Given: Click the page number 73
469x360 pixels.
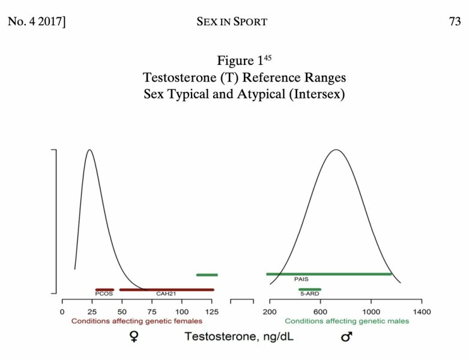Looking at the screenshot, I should pos(454,22).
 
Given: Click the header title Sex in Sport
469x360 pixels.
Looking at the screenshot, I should pos(231,22).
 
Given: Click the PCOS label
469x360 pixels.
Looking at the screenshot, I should pos(104,294).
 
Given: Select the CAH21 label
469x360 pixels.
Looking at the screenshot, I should pos(165,294).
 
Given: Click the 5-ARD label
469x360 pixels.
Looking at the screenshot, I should pos(309,294).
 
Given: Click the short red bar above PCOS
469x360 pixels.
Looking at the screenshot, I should pos(104,289).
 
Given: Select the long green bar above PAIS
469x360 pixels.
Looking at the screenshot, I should pos(328,274).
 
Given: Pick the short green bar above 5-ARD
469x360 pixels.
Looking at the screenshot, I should pos(310,289).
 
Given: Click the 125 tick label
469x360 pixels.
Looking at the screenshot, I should pos(211,312).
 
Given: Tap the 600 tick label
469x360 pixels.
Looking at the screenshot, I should pos(320,312).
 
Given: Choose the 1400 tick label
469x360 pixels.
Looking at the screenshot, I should pos(422,312).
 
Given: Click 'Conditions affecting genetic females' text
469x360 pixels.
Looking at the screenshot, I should pos(137,321).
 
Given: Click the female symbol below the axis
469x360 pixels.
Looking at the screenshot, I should pos(134,337).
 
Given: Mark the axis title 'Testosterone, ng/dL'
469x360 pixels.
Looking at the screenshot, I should pos(239,337).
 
